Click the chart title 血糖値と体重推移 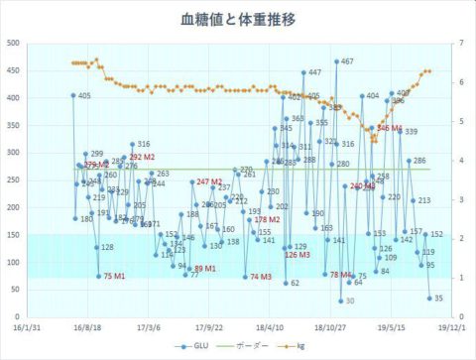point(238,19)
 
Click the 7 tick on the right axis point(462,43)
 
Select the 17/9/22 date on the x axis point(206,325)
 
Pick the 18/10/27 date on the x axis point(329,325)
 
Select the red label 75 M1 point(115,277)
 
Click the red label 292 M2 point(142,157)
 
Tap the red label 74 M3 point(261,277)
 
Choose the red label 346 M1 point(390,129)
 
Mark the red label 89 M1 point(205,269)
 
